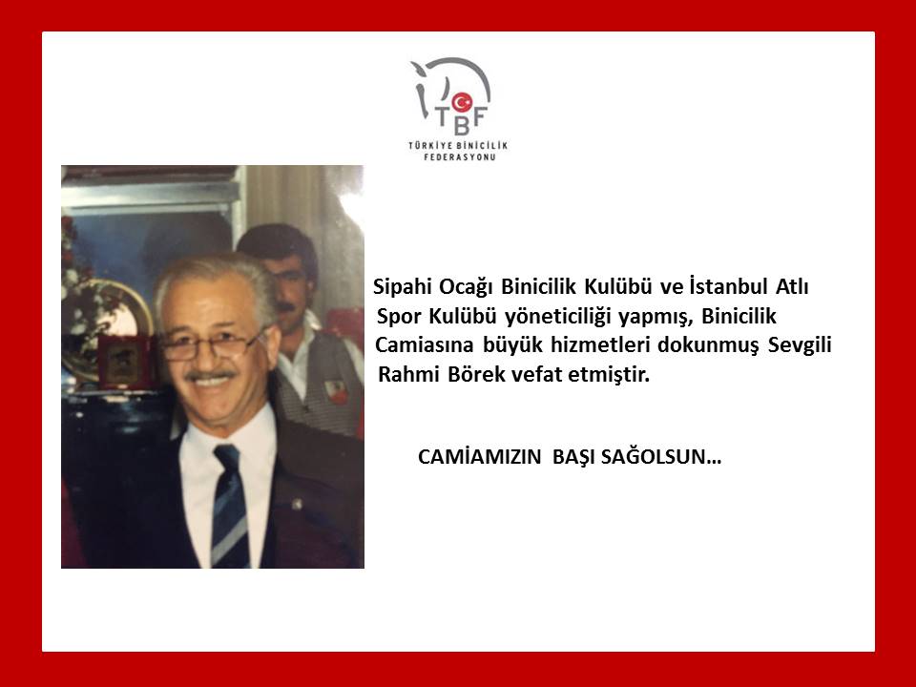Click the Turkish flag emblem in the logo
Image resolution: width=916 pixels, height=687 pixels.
pyautogui.click(x=462, y=102)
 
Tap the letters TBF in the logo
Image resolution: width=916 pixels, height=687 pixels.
pyautogui.click(x=462, y=120)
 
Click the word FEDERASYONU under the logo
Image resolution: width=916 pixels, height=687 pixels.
pyautogui.click(x=459, y=157)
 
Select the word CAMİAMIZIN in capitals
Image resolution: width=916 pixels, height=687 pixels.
pyautogui.click(x=480, y=456)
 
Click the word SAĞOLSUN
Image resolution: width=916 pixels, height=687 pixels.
pyautogui.click(x=660, y=456)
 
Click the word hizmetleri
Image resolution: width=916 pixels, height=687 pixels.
pyautogui.click(x=600, y=344)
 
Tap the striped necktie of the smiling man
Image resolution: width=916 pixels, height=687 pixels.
pyautogui.click(x=230, y=505)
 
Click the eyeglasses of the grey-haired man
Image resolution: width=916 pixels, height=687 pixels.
pyautogui.click(x=210, y=346)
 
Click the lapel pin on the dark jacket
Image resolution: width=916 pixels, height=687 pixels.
pyautogui.click(x=296, y=503)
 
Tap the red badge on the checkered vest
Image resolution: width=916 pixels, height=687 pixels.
pyautogui.click(x=336, y=391)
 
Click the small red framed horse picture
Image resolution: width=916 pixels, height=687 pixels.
pyautogui.click(x=124, y=361)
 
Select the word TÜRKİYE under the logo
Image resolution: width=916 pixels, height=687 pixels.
pyautogui.click(x=430, y=145)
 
